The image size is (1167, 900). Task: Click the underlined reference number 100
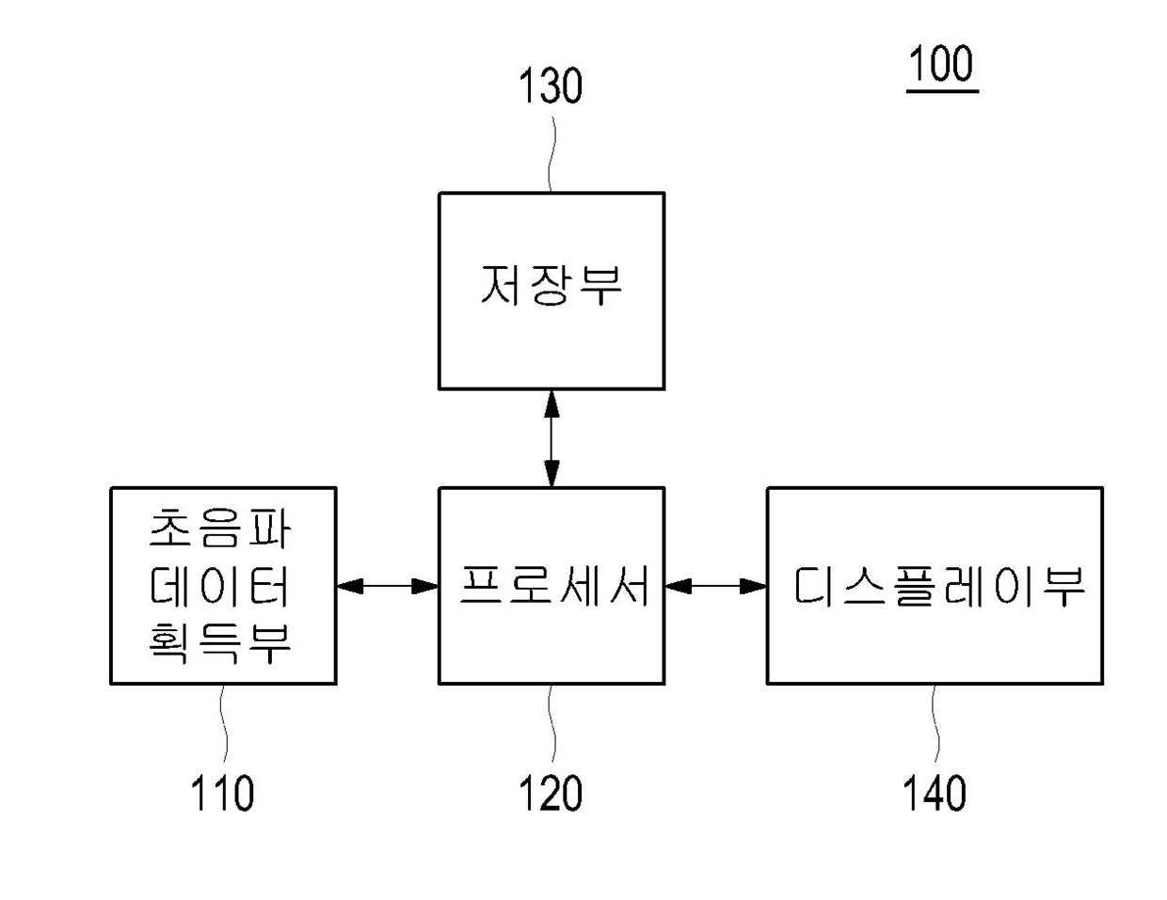pyautogui.click(x=941, y=63)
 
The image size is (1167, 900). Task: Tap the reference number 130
pyautogui.click(x=551, y=86)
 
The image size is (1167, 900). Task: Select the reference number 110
pyautogui.click(x=222, y=793)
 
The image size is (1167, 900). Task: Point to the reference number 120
pyautogui.click(x=551, y=793)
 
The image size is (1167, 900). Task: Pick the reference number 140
pyautogui.click(x=935, y=793)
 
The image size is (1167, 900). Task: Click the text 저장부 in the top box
pyautogui.click(x=551, y=286)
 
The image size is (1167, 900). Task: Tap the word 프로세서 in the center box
pyautogui.click(x=554, y=586)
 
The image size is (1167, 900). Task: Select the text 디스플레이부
pyautogui.click(x=939, y=587)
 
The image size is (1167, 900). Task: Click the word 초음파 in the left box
pyautogui.click(x=220, y=529)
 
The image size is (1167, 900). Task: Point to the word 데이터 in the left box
pyautogui.click(x=220, y=587)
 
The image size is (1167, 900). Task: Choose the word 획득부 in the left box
pyautogui.click(x=220, y=643)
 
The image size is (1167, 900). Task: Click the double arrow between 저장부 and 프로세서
pyautogui.click(x=552, y=439)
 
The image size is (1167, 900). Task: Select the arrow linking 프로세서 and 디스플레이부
pyautogui.click(x=716, y=586)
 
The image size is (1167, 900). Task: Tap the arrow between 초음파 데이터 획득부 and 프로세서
pyautogui.click(x=388, y=586)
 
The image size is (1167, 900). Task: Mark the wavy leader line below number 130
pyautogui.click(x=551, y=154)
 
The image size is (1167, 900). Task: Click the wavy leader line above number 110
pyautogui.click(x=223, y=723)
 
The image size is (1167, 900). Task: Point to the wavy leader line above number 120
pyautogui.click(x=552, y=723)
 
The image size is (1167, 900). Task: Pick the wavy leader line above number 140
pyautogui.click(x=935, y=723)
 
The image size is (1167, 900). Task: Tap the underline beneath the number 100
pyautogui.click(x=942, y=92)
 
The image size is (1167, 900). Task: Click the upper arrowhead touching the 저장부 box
pyautogui.click(x=552, y=403)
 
